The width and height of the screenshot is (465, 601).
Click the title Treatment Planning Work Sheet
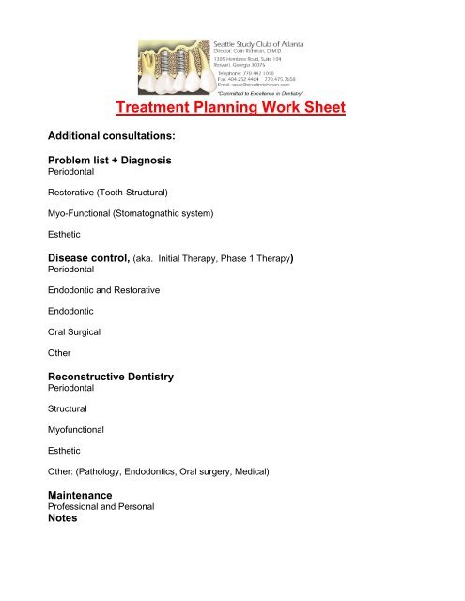[x=232, y=107]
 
